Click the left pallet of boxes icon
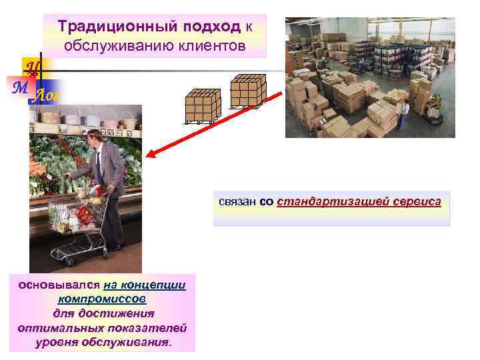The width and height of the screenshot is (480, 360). pos(203,106)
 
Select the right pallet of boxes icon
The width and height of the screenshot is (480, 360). pos(247,91)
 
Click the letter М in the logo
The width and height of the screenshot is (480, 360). pos(19,87)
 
